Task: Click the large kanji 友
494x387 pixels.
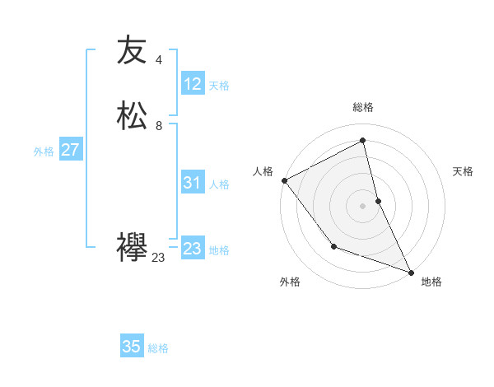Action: tap(132, 50)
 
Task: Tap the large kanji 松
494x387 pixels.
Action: tap(132, 115)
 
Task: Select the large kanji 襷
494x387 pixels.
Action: tap(132, 247)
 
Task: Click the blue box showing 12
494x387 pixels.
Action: tap(192, 84)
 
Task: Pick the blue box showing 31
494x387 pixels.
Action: tap(192, 184)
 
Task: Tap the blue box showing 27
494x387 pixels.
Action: tap(70, 150)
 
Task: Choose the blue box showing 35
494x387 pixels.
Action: tap(132, 347)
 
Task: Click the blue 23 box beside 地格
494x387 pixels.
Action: tap(192, 249)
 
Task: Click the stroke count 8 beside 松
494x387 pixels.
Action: tap(158, 126)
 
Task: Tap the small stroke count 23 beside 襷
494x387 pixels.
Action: tap(158, 258)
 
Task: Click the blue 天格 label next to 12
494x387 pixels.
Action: tap(219, 86)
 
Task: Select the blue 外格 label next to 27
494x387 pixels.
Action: tap(44, 152)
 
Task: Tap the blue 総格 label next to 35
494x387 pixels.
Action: tap(158, 348)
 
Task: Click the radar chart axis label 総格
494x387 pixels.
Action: tap(363, 107)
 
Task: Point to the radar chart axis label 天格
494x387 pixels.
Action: tap(464, 171)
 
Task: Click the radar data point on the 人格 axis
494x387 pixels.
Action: tap(284, 180)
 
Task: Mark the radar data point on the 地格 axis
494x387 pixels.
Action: tap(411, 272)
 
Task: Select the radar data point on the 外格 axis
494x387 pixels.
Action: tap(333, 246)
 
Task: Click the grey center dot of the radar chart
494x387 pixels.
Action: tap(363, 206)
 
